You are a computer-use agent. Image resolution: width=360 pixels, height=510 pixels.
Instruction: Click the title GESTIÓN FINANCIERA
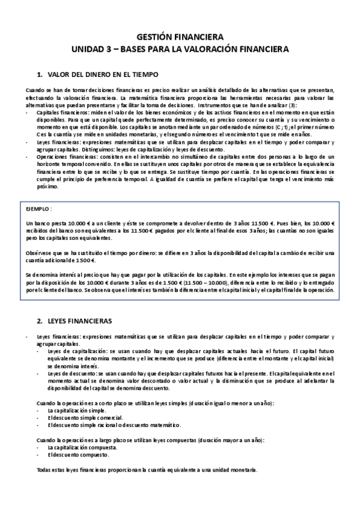click(180, 36)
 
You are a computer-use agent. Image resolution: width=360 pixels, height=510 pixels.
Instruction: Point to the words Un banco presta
click(45, 223)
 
